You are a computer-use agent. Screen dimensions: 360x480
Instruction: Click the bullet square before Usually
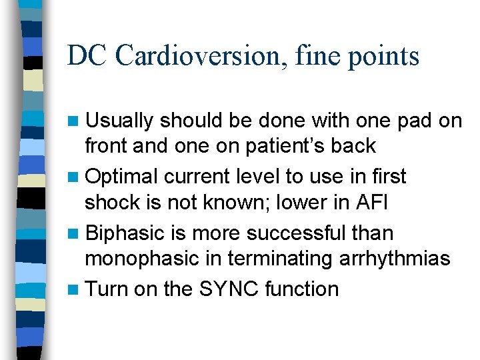point(74,121)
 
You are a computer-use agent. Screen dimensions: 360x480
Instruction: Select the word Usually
point(119,121)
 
